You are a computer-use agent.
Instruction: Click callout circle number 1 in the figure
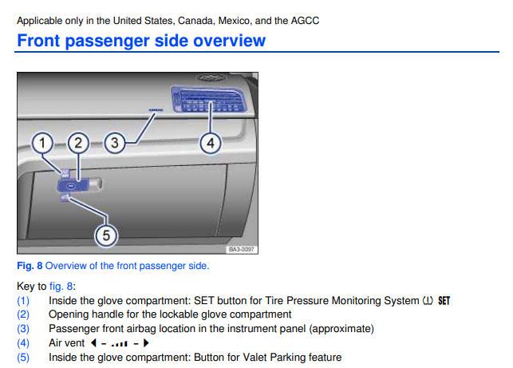(42, 143)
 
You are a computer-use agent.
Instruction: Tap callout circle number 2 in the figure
(78, 143)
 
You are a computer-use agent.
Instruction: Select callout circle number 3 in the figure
(115, 143)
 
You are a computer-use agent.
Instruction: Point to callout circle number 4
(211, 143)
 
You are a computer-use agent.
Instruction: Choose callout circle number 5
(106, 235)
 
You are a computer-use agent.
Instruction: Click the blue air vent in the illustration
(208, 99)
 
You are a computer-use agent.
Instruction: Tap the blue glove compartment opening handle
(73, 185)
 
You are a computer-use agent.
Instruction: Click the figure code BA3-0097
(242, 250)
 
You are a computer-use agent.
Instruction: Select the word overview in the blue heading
(229, 41)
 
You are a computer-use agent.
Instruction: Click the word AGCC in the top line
(305, 21)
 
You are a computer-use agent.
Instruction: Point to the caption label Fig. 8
(30, 266)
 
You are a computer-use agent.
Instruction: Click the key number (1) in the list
(23, 301)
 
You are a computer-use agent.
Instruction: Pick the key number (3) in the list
(23, 329)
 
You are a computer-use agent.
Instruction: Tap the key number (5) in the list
(23, 357)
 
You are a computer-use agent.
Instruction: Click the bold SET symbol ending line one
(444, 301)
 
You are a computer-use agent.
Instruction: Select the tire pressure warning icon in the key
(428, 301)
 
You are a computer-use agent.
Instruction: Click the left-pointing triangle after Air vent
(93, 342)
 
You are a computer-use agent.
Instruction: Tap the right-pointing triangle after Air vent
(146, 342)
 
